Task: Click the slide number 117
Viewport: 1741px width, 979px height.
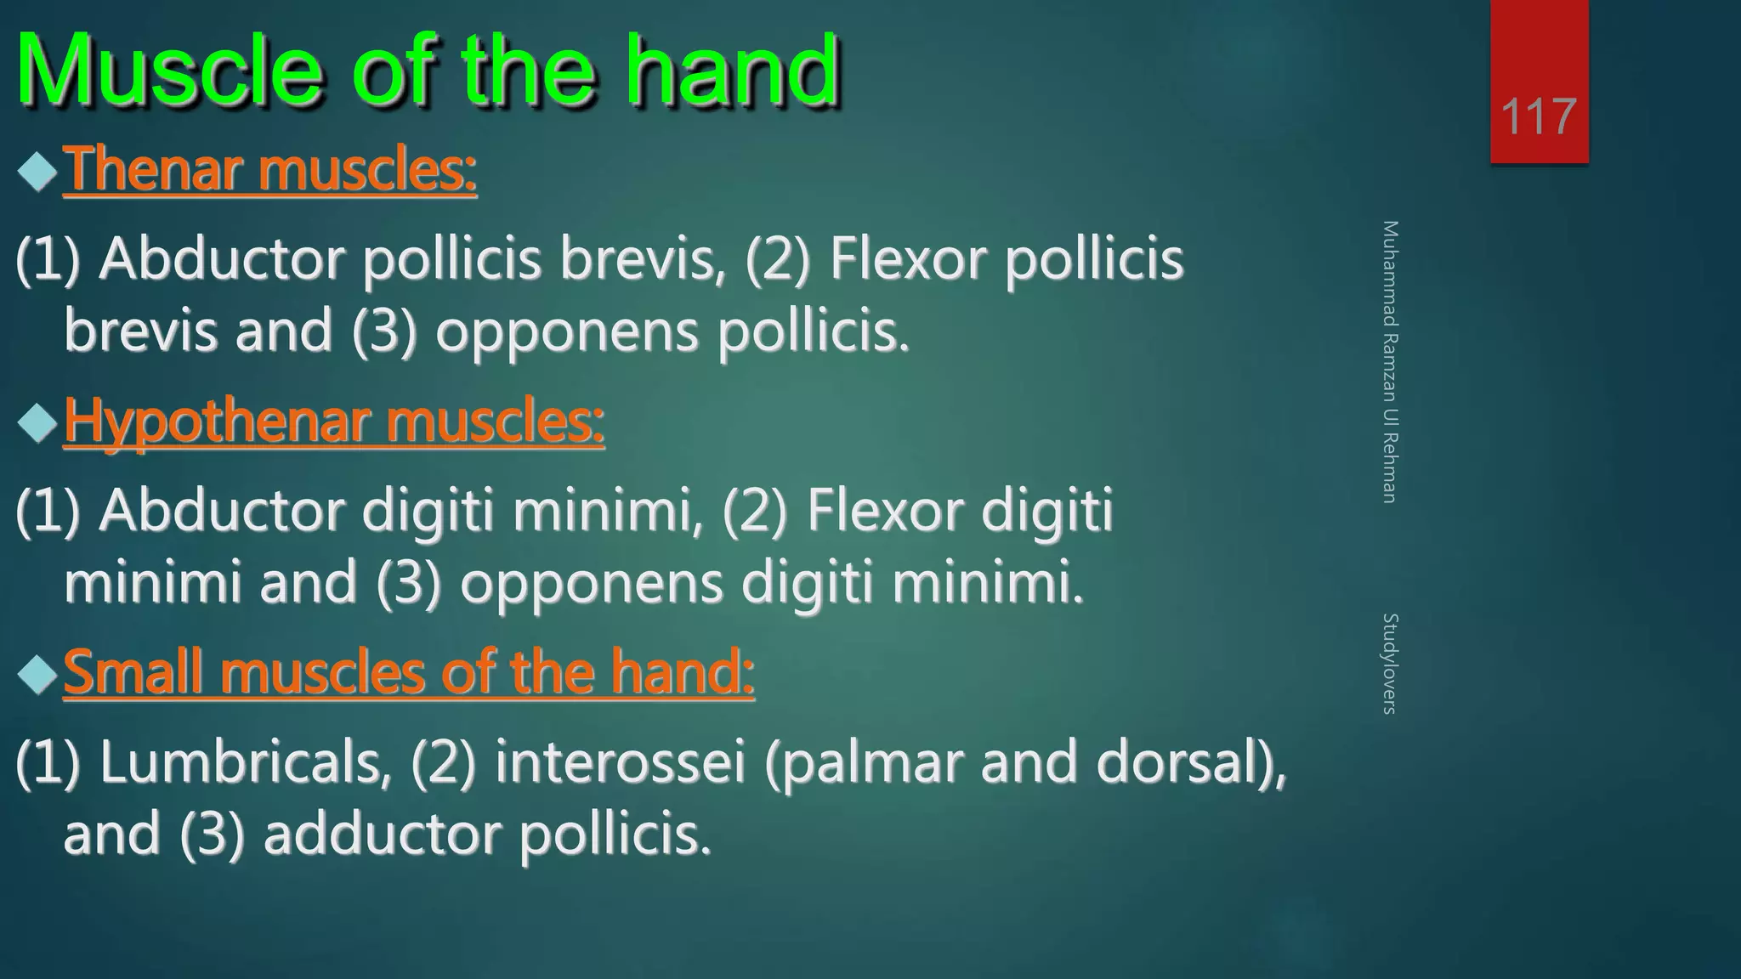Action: (1539, 116)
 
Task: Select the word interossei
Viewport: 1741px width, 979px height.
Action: (621, 761)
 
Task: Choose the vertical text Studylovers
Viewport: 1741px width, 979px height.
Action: (1389, 663)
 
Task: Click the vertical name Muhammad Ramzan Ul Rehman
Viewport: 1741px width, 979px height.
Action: (1389, 361)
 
